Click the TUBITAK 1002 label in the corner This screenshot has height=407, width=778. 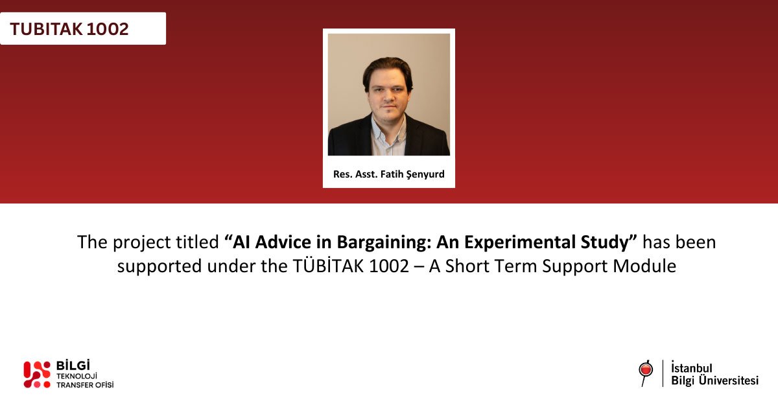tap(69, 29)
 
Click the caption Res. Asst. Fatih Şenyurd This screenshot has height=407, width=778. tap(388, 174)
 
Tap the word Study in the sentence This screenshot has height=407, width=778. tap(612, 242)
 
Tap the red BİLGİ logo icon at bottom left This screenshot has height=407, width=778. tap(36, 375)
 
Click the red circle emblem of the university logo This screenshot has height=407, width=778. tap(645, 369)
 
